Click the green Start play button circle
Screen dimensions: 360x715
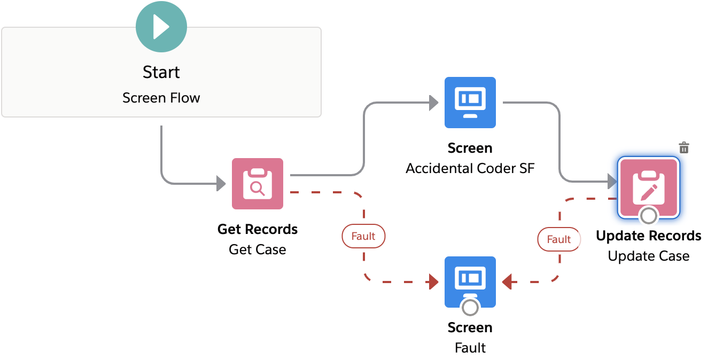pyautogui.click(x=161, y=27)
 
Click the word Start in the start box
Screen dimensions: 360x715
pyautogui.click(x=161, y=72)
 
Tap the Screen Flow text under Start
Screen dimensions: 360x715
pyautogui.click(x=161, y=98)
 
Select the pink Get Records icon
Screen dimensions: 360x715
pyautogui.click(x=257, y=183)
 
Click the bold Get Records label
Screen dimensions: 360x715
pyautogui.click(x=257, y=229)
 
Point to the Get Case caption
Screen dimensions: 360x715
pyautogui.click(x=257, y=249)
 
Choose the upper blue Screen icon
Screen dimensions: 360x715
pyautogui.click(x=470, y=102)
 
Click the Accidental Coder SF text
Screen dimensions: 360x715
pyautogui.click(x=470, y=168)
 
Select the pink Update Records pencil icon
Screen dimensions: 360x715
pyautogui.click(x=648, y=187)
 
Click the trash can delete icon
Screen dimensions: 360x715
pyautogui.click(x=683, y=148)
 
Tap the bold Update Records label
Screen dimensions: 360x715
pyautogui.click(x=648, y=236)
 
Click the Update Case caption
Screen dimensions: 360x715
pyautogui.click(x=648, y=256)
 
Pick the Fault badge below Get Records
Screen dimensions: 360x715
pyautogui.click(x=363, y=236)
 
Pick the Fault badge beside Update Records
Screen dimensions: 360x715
pyautogui.click(x=559, y=239)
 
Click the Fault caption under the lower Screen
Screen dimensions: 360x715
pyautogui.click(x=470, y=348)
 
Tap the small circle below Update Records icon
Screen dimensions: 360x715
pyautogui.click(x=648, y=216)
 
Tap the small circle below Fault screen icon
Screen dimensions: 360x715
pyautogui.click(x=470, y=308)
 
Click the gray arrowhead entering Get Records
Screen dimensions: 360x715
pyautogui.click(x=221, y=184)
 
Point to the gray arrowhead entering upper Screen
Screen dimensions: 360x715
pyautogui.click(x=434, y=103)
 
